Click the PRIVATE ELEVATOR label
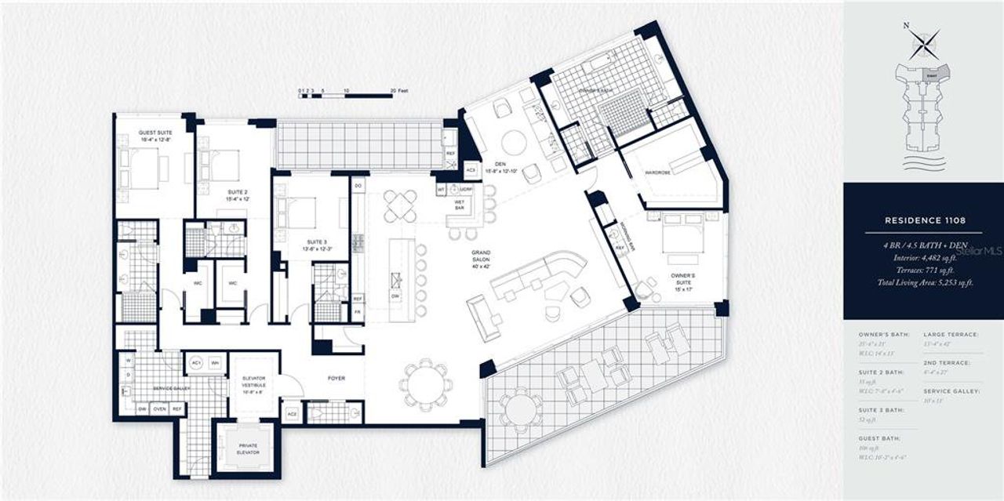click(247, 448)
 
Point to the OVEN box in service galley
click(160, 409)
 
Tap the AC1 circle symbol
click(195, 364)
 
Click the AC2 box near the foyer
click(292, 413)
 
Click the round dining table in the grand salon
click(426, 385)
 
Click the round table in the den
click(514, 142)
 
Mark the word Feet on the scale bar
click(404, 91)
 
